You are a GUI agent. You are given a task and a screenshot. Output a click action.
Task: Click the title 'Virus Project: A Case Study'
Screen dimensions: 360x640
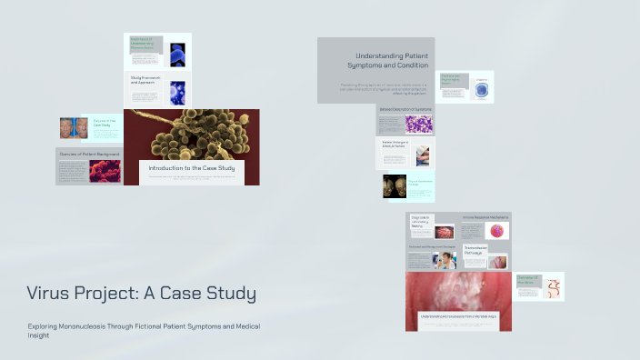141,294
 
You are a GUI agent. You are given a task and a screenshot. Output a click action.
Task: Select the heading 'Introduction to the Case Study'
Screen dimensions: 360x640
191,168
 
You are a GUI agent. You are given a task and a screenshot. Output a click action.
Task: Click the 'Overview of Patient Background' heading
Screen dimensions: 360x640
90,155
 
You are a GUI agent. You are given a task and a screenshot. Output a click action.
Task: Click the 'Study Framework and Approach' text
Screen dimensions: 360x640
146,81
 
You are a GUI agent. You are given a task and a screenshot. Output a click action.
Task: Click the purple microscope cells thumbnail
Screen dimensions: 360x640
419,125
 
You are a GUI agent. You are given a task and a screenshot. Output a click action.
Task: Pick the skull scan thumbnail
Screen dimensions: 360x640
395,187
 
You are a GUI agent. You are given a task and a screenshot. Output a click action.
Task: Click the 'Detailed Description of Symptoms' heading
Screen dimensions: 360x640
405,110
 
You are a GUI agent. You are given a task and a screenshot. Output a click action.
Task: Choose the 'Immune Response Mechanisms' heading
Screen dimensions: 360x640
485,218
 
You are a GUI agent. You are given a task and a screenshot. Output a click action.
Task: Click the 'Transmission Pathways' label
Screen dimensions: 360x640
477,250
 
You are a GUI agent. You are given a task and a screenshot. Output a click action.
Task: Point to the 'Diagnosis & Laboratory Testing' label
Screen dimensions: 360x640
421,221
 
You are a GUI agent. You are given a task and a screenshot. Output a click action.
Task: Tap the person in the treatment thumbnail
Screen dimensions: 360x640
445,261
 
